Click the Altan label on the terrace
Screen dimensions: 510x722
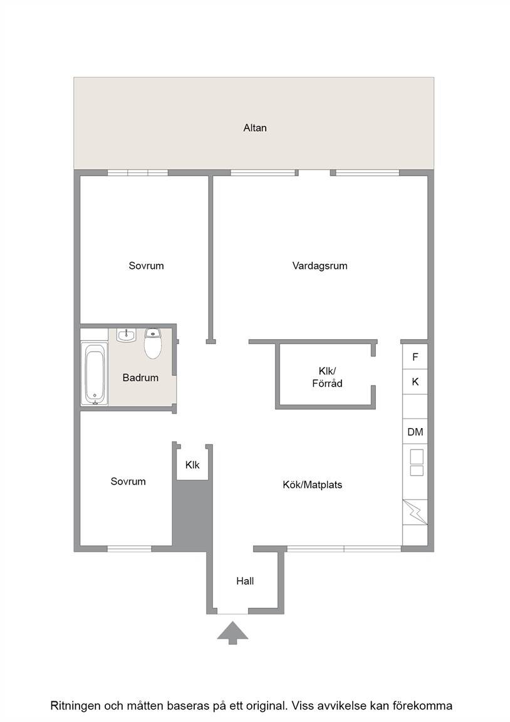(254, 128)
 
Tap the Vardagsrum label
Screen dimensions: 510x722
(320, 266)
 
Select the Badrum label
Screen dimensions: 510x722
(140, 377)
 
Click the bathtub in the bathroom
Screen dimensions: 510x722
(95, 374)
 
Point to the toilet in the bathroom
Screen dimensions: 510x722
(152, 343)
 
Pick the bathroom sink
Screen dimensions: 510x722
(126, 335)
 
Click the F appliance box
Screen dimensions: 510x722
(415, 357)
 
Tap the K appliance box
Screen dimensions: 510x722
(415, 381)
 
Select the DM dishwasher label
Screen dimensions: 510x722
(415, 432)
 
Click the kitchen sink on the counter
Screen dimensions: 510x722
(417, 463)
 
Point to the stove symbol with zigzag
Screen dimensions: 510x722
(415, 512)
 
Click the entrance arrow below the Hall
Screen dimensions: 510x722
(232, 632)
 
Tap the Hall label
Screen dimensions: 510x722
(245, 581)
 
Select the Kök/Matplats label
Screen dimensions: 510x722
(312, 484)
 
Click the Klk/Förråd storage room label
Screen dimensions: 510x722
(327, 377)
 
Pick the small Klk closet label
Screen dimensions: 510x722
(192, 465)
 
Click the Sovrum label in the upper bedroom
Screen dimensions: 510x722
(146, 266)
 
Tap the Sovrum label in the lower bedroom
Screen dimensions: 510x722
(128, 481)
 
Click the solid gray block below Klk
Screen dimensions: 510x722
(192, 516)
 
